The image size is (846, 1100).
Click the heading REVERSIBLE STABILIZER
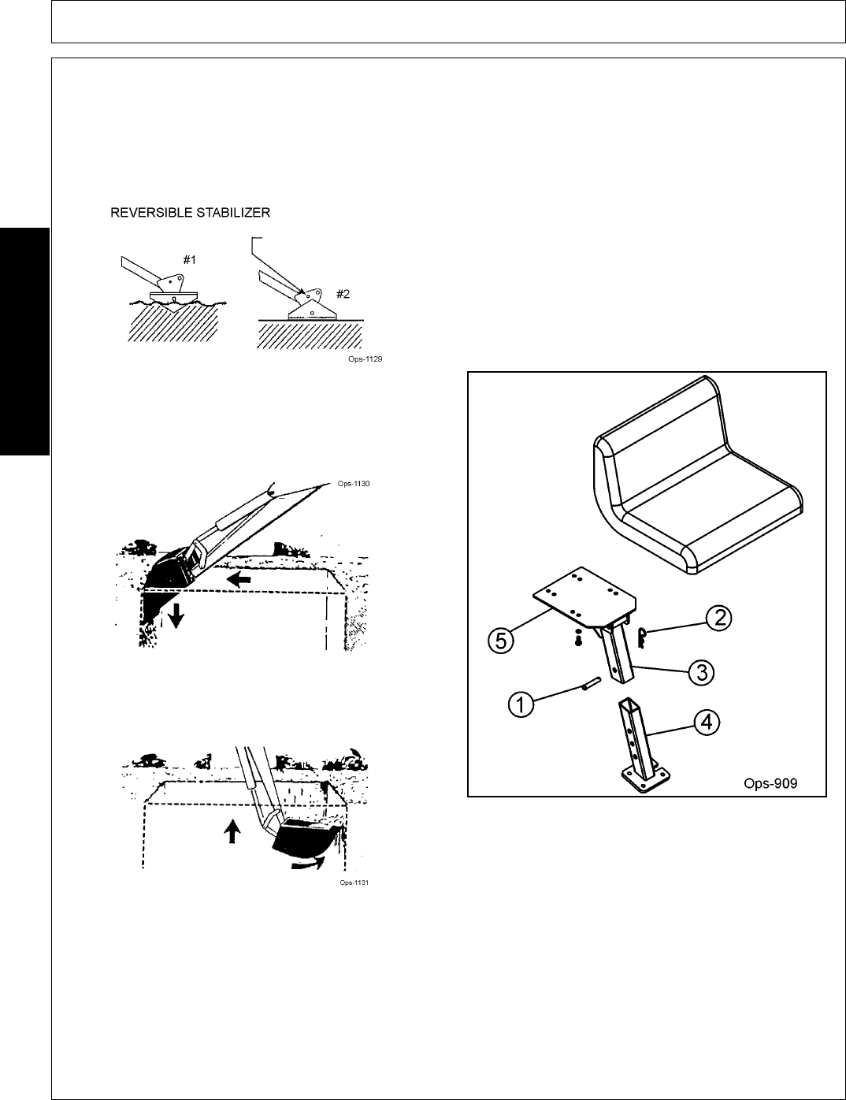[x=190, y=212]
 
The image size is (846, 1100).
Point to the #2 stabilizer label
[x=343, y=294]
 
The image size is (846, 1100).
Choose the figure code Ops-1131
[x=354, y=883]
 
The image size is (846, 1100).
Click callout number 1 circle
[x=521, y=704]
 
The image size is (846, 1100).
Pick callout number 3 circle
[x=701, y=671]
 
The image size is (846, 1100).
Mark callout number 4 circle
[x=708, y=722]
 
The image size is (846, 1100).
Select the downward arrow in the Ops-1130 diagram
[x=176, y=617]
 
